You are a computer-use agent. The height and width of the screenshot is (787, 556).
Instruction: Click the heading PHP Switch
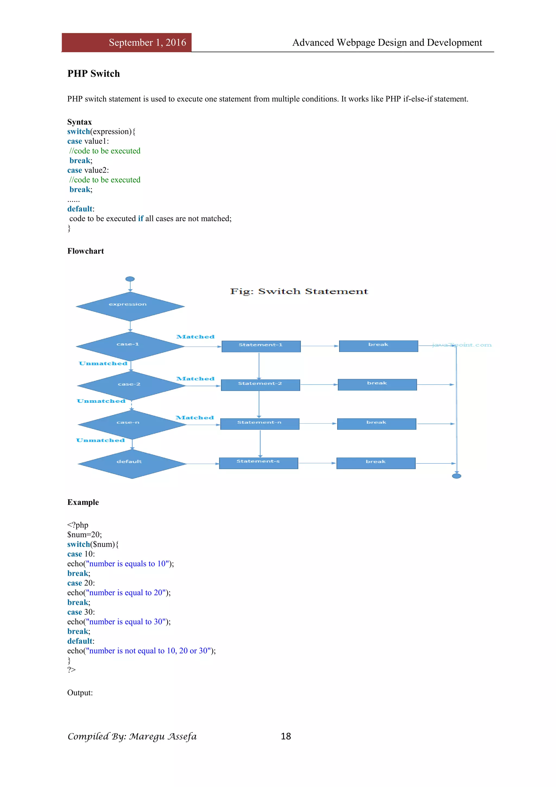pyautogui.click(x=93, y=74)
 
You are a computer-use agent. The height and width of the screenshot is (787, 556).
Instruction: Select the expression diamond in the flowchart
pyautogui.click(x=130, y=306)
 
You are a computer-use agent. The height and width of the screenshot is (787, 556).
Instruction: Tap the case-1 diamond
pyautogui.click(x=130, y=346)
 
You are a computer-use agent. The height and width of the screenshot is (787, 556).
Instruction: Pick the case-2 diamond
pyautogui.click(x=131, y=386)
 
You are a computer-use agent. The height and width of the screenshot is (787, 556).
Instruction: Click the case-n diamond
pyautogui.click(x=132, y=424)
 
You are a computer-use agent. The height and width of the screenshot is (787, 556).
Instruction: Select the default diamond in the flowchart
pyautogui.click(x=132, y=464)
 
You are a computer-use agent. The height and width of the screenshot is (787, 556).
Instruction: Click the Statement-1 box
pyautogui.click(x=261, y=346)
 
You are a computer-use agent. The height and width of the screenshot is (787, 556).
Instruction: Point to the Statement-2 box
pyautogui.click(x=260, y=385)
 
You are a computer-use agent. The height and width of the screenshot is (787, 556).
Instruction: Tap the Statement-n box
pyautogui.click(x=260, y=424)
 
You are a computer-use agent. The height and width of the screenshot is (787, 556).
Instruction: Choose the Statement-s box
pyautogui.click(x=258, y=463)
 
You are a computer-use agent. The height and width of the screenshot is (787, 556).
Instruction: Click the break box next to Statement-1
pyautogui.click(x=378, y=346)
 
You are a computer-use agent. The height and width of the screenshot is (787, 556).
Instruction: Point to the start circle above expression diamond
pyautogui.click(x=130, y=279)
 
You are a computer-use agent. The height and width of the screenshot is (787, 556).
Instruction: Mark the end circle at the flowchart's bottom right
pyautogui.click(x=456, y=476)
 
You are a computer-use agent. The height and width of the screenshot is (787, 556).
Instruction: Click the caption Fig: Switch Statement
pyautogui.click(x=299, y=291)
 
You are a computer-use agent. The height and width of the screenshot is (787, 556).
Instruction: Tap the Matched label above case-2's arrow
pyautogui.click(x=195, y=379)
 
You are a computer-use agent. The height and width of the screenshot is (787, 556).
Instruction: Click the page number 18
pyautogui.click(x=286, y=736)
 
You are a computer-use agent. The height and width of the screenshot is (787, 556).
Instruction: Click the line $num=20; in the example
pyautogui.click(x=84, y=534)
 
